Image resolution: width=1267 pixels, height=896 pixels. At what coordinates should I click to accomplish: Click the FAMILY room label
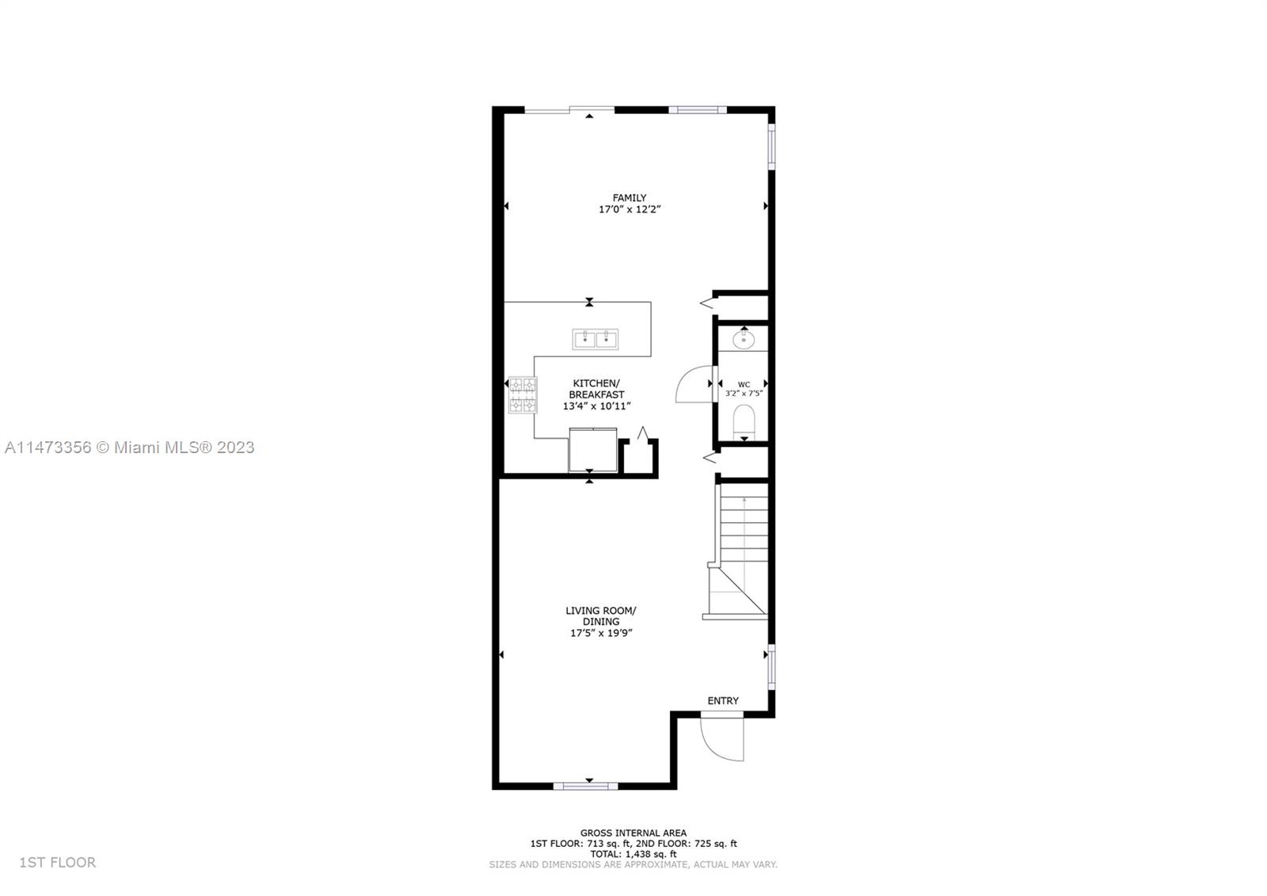[x=629, y=198]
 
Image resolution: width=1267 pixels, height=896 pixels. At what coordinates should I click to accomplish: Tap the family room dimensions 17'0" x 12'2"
[x=630, y=209]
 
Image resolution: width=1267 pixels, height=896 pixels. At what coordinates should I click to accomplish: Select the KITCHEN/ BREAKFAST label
[x=596, y=389]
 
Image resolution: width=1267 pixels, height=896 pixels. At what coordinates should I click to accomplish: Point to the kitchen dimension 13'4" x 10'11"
[x=596, y=406]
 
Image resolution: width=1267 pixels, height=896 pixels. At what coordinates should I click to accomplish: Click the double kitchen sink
[x=595, y=339]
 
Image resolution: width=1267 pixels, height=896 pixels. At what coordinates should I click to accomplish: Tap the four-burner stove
[x=523, y=395]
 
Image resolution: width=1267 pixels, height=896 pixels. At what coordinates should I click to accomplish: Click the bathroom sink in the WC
[x=744, y=340]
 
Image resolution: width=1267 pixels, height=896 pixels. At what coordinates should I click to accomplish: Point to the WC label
[x=744, y=385]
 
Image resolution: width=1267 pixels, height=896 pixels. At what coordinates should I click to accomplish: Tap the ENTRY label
[x=723, y=701]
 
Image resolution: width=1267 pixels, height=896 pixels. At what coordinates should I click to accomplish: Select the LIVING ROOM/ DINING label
[x=601, y=616]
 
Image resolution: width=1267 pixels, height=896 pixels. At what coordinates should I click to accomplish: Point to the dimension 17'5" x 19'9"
[x=601, y=633]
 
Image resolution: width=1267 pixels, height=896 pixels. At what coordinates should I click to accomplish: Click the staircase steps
[x=744, y=529]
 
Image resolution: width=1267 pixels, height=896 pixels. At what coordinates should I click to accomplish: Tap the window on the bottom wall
[x=585, y=786]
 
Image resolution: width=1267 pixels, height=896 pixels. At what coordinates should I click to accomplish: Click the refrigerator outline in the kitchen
[x=593, y=449]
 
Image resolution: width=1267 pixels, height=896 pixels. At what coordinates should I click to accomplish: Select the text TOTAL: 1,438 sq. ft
[x=633, y=854]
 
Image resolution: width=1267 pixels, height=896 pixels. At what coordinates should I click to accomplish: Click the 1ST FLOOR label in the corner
[x=58, y=862]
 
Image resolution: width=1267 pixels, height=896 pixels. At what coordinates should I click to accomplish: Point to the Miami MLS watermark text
[x=130, y=447]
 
